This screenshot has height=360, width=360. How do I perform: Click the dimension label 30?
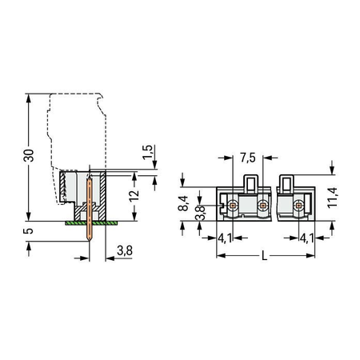29,155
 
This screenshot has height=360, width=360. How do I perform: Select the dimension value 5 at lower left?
28,230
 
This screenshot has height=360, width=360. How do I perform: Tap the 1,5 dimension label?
147,152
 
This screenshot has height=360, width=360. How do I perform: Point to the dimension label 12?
134,196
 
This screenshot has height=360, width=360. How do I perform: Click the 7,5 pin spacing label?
248,158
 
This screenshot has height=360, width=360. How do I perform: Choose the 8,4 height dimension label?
183,203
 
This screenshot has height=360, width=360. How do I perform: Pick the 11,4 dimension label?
332,198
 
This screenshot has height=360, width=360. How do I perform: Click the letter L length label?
264,256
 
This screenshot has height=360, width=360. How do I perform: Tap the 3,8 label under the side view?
125,250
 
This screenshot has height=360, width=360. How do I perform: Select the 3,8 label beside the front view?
200,213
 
